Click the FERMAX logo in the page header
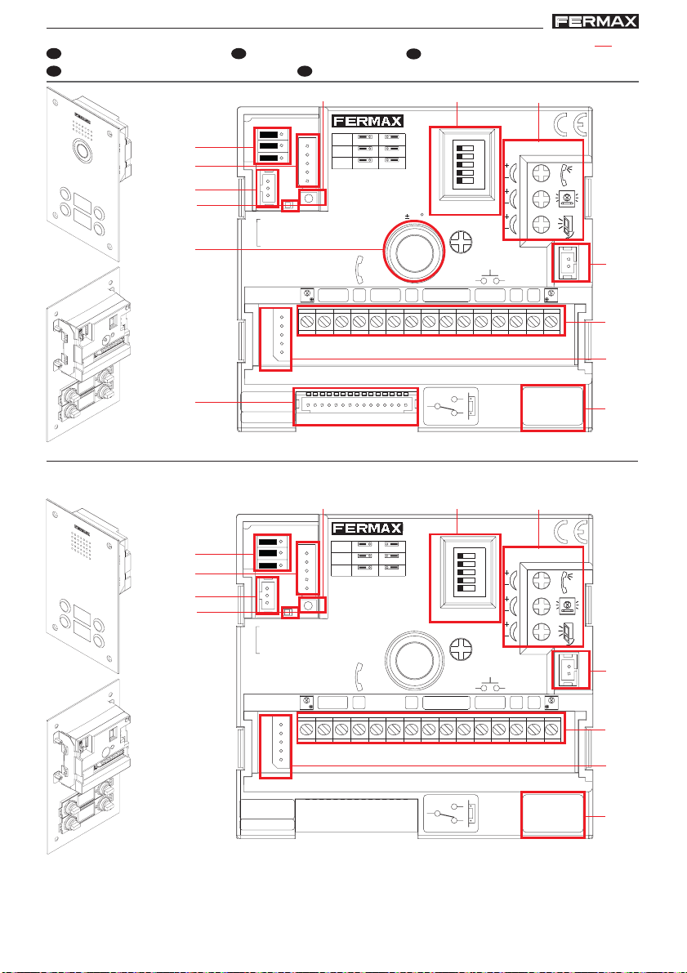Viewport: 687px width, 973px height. [596, 22]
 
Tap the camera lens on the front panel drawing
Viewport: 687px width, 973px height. [82, 150]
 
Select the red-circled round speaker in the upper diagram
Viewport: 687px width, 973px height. [414, 251]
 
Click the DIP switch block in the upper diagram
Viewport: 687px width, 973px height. [465, 164]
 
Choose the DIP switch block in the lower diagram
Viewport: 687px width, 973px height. [465, 572]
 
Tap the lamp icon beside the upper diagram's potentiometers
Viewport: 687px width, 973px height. [566, 198]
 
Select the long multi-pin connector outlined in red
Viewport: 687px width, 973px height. [355, 407]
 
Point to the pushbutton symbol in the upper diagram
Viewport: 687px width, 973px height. [490, 279]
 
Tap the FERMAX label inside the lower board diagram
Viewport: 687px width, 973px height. [368, 528]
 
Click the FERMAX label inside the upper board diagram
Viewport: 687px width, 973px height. [368, 121]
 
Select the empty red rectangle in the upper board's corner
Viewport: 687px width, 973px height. [552, 408]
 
